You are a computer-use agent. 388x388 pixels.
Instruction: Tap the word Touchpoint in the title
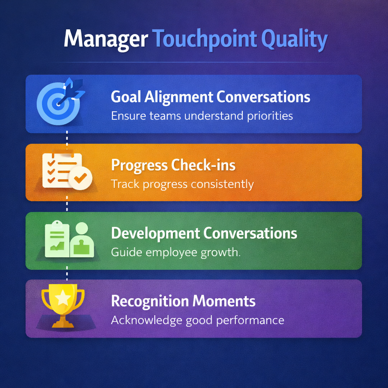coord(205,39)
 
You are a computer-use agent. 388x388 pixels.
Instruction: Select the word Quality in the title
coord(294,39)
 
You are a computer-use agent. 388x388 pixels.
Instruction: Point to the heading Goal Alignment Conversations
coord(210,97)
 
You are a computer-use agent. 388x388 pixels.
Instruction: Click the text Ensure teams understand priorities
coord(202,116)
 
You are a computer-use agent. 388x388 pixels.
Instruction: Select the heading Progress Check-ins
coord(173,165)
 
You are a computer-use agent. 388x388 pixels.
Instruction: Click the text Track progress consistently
coord(182,185)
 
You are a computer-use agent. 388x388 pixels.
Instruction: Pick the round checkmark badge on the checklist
coord(80,178)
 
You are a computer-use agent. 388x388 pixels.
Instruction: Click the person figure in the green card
coord(82,239)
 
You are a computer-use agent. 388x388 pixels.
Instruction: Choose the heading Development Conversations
coord(204,233)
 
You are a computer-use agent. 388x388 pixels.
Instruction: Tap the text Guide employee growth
coord(176,253)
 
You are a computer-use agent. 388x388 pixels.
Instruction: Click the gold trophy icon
coord(63,306)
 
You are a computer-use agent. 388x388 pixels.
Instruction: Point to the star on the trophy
coord(63,297)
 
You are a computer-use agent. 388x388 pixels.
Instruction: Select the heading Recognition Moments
coord(183,301)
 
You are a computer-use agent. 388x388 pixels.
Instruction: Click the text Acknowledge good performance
coord(197,321)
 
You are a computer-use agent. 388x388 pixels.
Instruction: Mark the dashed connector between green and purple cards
coord(67,274)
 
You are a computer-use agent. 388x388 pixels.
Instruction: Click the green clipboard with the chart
coord(57,239)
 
